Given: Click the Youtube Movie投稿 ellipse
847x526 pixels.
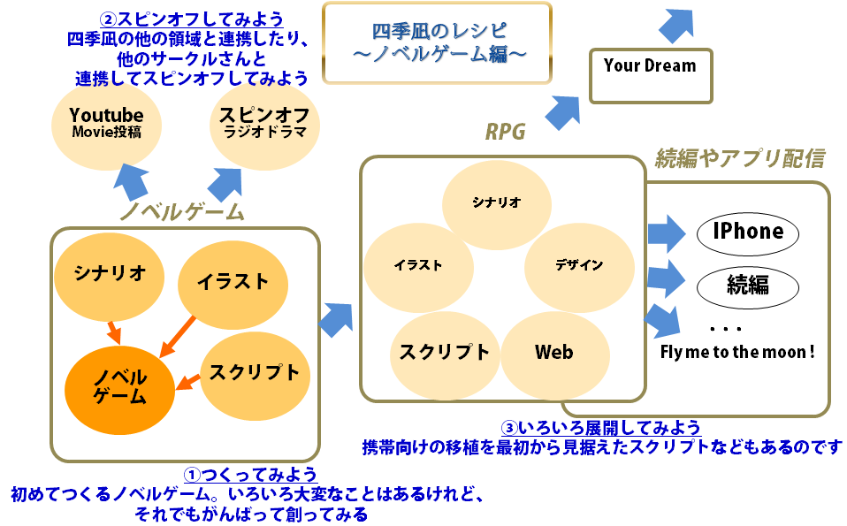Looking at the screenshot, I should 106,124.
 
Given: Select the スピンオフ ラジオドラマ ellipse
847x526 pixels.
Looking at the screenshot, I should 263,124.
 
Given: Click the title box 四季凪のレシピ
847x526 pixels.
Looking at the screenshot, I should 437,42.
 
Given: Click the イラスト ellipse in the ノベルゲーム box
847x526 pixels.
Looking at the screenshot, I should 233,282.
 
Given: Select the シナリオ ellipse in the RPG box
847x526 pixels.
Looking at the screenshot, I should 495,202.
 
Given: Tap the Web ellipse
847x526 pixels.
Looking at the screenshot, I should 554,353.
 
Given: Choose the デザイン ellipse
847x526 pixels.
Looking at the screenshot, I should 579,264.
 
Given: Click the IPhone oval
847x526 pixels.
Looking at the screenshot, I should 747,232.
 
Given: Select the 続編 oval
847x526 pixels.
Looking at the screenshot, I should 747,286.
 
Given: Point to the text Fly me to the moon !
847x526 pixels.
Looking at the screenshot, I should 737,352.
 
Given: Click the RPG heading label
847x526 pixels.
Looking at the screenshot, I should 505,133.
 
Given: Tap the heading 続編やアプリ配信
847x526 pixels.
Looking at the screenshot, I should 739,159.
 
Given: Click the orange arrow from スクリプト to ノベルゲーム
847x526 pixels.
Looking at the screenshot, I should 188,382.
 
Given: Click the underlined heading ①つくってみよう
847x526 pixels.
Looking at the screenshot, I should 249,475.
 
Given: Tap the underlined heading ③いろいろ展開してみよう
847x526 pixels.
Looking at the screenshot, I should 601,428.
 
